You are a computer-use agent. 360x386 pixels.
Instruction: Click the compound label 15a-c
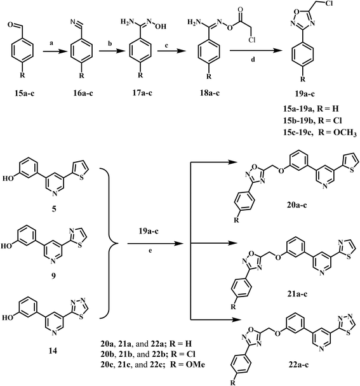coord(24,94)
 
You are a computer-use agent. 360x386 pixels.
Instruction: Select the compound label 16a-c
coord(83,94)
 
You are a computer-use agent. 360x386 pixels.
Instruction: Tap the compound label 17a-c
coord(142,94)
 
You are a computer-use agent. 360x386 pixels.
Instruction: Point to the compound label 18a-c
coord(210,94)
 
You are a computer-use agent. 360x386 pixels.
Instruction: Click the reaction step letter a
coord(51,43)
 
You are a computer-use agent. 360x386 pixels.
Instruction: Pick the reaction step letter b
coord(110,43)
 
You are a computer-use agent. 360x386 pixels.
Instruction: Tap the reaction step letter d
coord(253,59)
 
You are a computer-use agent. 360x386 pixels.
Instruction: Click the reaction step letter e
coord(150,251)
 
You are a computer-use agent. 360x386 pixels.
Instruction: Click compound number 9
coord(53,276)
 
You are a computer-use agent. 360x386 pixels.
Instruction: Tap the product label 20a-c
coord(297,205)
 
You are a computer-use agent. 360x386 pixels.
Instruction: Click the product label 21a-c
coord(297,294)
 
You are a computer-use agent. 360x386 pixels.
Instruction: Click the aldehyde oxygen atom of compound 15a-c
coord(10,25)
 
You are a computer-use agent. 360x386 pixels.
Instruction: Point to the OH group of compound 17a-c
coord(162,26)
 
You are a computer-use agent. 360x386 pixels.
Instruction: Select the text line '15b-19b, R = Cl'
coord(312,121)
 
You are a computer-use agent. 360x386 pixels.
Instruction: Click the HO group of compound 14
coord(7,318)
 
